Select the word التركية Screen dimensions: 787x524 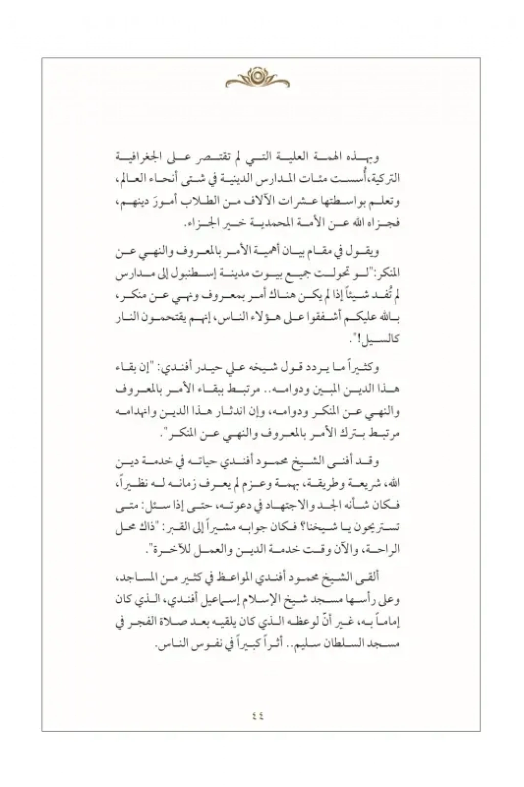click(x=385, y=179)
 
